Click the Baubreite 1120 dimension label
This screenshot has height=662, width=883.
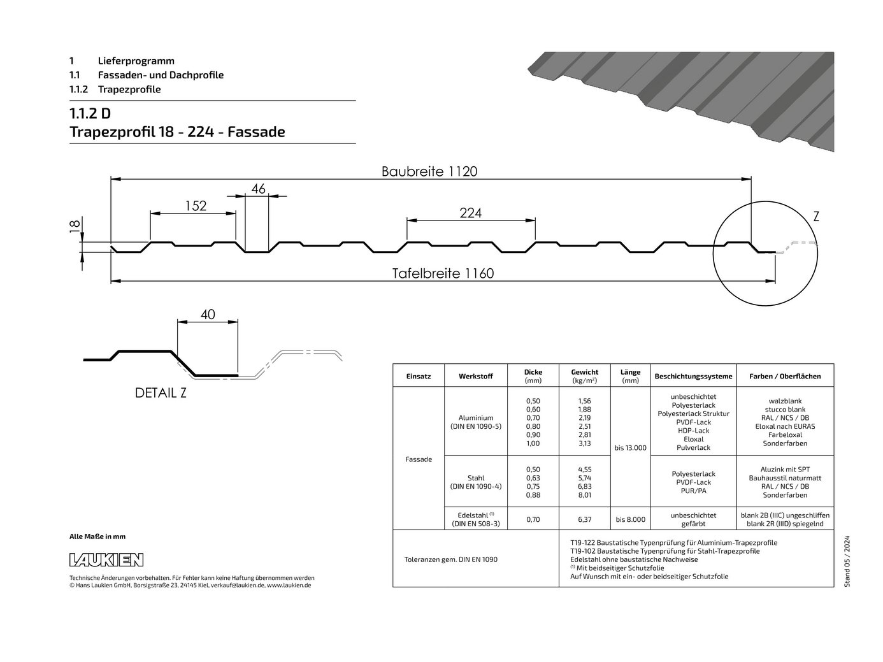(429, 171)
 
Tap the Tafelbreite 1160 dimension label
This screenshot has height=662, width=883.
(443, 273)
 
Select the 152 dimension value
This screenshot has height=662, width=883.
(196, 206)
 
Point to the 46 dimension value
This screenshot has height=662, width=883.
(258, 189)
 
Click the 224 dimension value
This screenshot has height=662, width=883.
(471, 213)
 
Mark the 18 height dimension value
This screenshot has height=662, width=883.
(75, 226)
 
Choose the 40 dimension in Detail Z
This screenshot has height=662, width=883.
(208, 315)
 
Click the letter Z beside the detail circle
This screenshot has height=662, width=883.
(816, 217)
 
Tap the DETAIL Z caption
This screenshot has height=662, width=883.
(161, 393)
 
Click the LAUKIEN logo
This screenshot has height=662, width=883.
(106, 560)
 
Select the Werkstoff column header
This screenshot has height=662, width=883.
(475, 377)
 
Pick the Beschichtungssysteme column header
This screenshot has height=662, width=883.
(694, 377)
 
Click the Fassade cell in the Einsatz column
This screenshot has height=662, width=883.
(419, 459)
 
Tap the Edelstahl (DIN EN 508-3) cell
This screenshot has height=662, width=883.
(476, 519)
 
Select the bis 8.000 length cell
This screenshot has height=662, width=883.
(630, 520)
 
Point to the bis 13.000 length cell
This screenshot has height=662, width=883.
(630, 448)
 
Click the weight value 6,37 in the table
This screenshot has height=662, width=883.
(584, 520)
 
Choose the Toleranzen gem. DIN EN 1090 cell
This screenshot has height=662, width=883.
(450, 559)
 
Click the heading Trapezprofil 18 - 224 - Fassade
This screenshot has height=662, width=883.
(177, 132)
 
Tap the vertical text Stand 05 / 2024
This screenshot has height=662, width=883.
(847, 561)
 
